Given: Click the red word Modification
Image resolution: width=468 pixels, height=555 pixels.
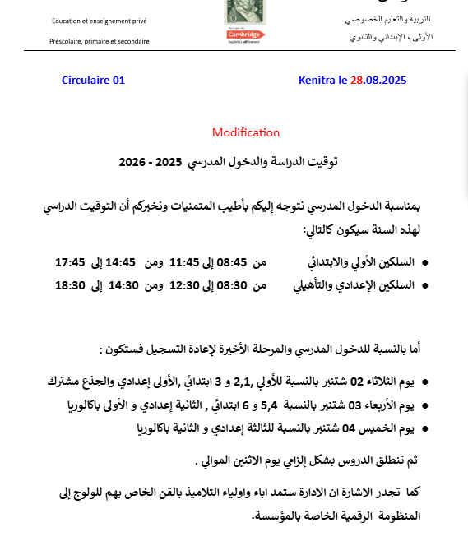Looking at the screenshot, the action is pyautogui.click(x=246, y=132).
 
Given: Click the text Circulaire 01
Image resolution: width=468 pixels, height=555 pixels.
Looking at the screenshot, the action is pyautogui.click(x=93, y=81).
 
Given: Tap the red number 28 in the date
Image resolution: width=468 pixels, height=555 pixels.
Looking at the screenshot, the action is pyautogui.click(x=357, y=81).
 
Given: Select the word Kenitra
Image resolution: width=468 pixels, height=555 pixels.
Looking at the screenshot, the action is pyautogui.click(x=316, y=81).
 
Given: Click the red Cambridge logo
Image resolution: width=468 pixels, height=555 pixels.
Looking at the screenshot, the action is pyautogui.click(x=243, y=35).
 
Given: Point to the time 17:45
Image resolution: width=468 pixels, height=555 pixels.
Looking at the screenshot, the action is pyautogui.click(x=70, y=263).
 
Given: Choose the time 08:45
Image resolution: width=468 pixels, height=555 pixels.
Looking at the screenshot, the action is pyautogui.click(x=231, y=263).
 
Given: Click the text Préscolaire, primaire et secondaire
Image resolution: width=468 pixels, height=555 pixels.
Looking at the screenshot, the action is pyautogui.click(x=100, y=41).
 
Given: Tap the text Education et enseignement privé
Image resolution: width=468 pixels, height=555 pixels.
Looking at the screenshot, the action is pyautogui.click(x=100, y=20).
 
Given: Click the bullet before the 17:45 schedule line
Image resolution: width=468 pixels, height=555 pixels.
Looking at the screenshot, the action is pyautogui.click(x=424, y=264).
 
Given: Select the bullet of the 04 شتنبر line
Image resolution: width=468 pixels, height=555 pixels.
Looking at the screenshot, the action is pyautogui.click(x=424, y=428).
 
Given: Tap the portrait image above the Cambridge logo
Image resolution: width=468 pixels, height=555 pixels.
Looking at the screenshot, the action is pyautogui.click(x=243, y=11).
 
